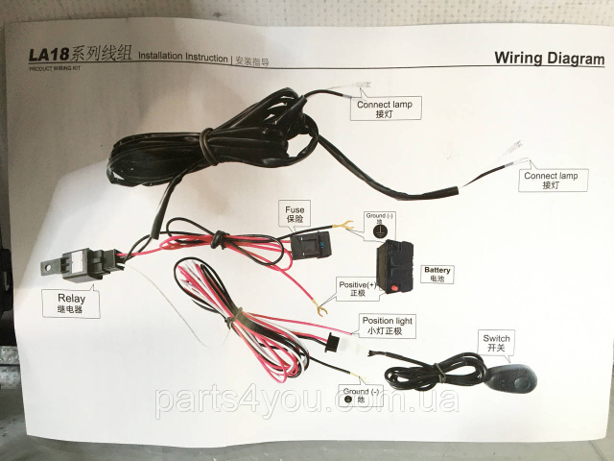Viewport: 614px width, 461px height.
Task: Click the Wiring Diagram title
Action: click(x=549, y=58)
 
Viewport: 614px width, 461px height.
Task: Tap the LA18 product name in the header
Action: click(x=58, y=55)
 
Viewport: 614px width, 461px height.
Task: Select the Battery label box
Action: click(x=437, y=274)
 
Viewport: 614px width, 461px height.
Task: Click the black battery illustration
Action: click(x=396, y=266)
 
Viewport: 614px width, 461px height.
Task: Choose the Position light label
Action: click(x=388, y=325)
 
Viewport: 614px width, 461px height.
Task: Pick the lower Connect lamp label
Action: click(x=551, y=181)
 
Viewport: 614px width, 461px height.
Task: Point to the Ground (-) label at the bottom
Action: click(x=362, y=396)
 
